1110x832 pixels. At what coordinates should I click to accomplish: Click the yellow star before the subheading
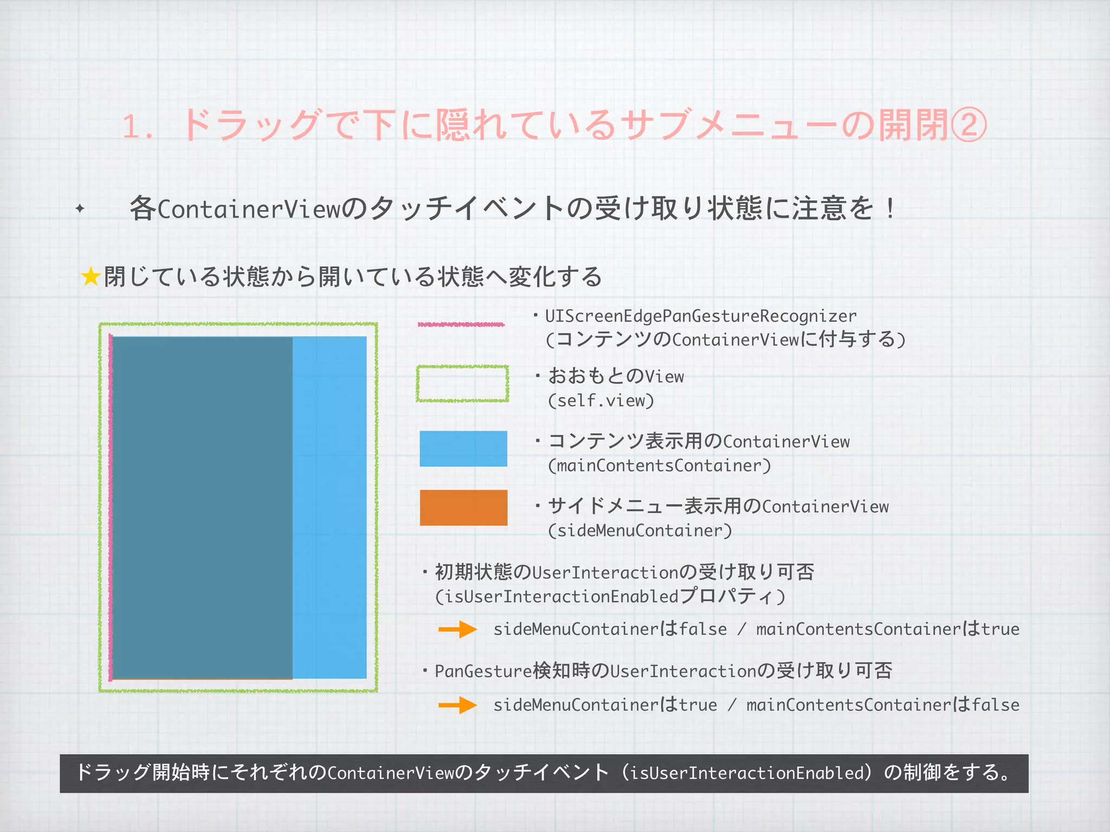pos(91,277)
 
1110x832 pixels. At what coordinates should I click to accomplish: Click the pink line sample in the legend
pos(461,324)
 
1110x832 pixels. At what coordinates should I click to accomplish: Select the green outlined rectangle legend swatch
pos(462,383)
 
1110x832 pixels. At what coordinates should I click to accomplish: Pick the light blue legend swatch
pos(463,448)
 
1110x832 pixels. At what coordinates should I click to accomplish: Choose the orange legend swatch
pos(463,508)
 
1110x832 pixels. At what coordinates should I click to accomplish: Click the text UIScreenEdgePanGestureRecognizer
pos(701,316)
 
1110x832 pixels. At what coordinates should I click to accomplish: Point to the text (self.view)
pos(601,401)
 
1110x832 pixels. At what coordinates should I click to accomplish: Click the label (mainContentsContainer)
pos(659,466)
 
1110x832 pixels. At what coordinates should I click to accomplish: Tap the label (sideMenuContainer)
pos(640,531)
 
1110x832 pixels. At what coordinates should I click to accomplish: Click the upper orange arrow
pos(457,629)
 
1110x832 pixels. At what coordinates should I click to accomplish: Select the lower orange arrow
pos(457,705)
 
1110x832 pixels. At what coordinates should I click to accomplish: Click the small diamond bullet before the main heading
pos(80,209)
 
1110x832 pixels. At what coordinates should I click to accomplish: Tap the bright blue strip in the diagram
pos(330,507)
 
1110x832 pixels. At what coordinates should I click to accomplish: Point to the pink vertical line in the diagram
pos(111,507)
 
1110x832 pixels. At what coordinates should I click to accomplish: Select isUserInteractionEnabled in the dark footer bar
pos(750,773)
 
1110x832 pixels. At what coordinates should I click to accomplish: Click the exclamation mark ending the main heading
pos(890,209)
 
